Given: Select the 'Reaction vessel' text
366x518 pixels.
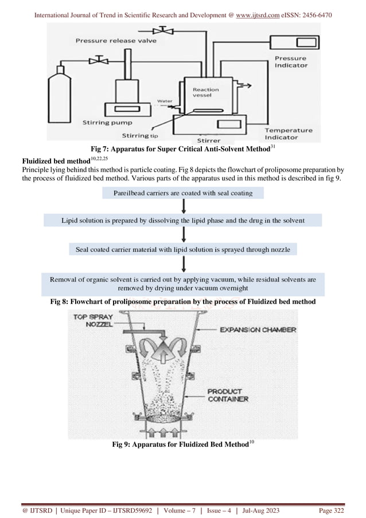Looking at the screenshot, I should click(x=205, y=93).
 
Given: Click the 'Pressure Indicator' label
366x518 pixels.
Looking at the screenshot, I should click(x=290, y=62).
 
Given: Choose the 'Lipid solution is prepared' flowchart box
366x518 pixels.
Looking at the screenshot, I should click(x=182, y=220).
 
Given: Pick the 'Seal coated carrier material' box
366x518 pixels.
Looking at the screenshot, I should click(x=182, y=250).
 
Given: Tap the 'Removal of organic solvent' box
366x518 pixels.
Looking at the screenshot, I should click(x=182, y=284).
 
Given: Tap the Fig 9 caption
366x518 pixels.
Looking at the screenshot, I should click(x=182, y=446).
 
